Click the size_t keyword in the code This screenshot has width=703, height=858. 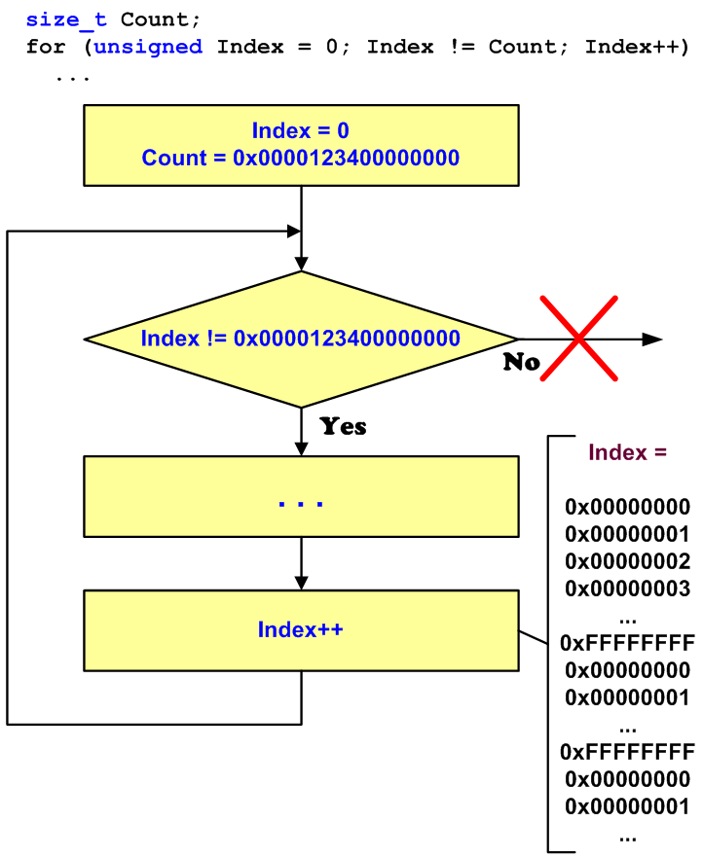coord(66,19)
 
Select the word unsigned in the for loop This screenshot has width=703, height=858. coord(148,47)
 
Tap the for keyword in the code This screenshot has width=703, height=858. coord(46,47)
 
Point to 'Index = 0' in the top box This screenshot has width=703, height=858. coord(300,130)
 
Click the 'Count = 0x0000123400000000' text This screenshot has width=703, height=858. coord(300,158)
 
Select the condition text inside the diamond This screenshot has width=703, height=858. coord(300,339)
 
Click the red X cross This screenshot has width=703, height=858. coord(579,338)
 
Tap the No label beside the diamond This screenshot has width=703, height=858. coord(521,362)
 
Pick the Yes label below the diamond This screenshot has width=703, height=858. coord(343,426)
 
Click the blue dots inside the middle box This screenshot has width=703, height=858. coord(300,504)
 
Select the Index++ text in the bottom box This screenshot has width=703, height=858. coord(300,629)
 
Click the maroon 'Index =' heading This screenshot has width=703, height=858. coord(628,452)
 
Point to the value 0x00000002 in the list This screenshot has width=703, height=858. coord(628,561)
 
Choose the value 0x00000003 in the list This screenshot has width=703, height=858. coord(628,589)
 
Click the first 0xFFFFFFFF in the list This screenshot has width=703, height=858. coord(628,643)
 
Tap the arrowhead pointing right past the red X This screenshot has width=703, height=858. coord(652,339)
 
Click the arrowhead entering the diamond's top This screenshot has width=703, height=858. coord(301,263)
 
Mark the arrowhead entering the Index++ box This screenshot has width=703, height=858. coord(301,582)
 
